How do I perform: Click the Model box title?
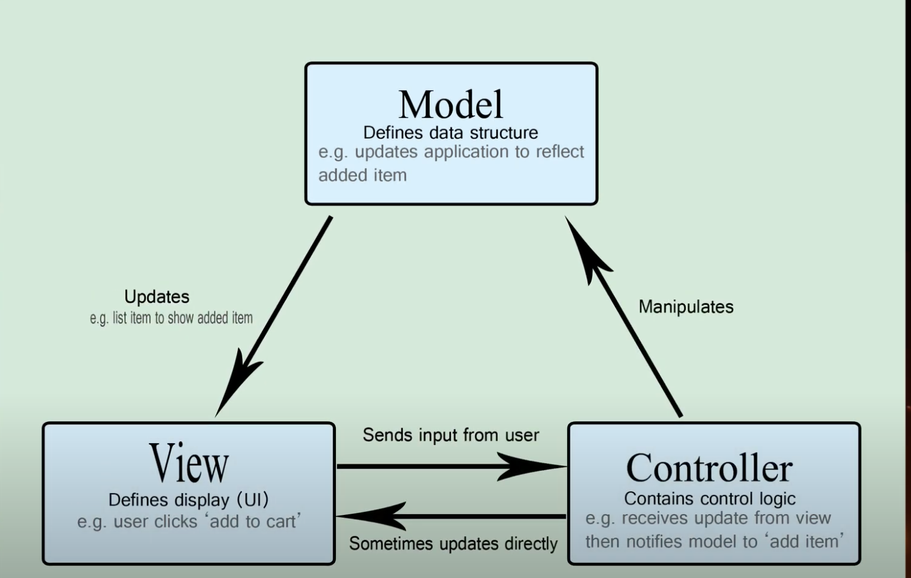(x=451, y=104)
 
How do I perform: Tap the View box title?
(x=189, y=463)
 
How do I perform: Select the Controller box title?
(x=709, y=468)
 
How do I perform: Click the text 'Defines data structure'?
(x=450, y=133)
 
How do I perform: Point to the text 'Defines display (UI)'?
(x=189, y=500)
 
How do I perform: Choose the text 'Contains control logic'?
(x=710, y=499)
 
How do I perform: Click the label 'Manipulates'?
(x=686, y=307)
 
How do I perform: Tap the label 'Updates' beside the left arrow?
(x=157, y=296)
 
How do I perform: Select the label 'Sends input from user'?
(x=450, y=435)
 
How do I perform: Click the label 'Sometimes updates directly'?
(x=453, y=544)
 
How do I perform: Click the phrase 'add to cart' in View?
(x=252, y=521)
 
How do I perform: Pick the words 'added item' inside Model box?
(x=362, y=175)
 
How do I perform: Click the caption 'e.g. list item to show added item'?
(x=171, y=318)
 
